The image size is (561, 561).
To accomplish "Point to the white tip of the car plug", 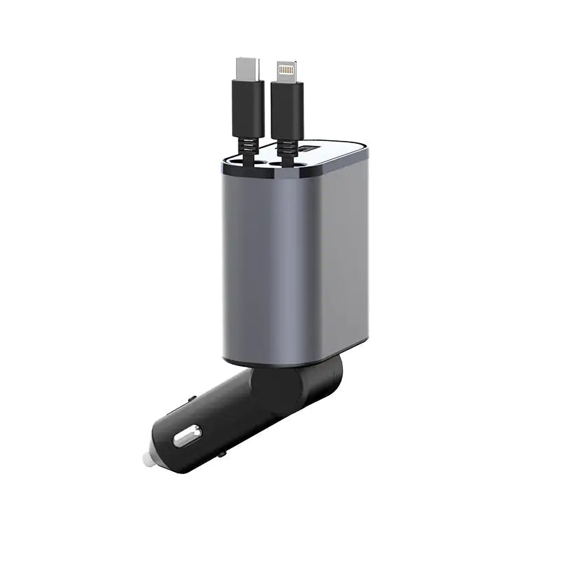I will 147,459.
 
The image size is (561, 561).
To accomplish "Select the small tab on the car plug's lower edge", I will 222,454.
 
